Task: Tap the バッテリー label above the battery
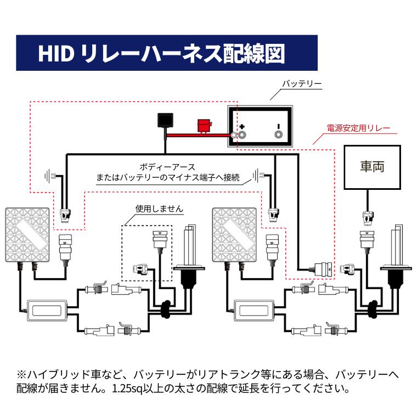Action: [301, 84]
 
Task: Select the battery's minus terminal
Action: [278, 134]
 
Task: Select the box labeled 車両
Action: [372, 167]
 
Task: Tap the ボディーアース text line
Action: [167, 166]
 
